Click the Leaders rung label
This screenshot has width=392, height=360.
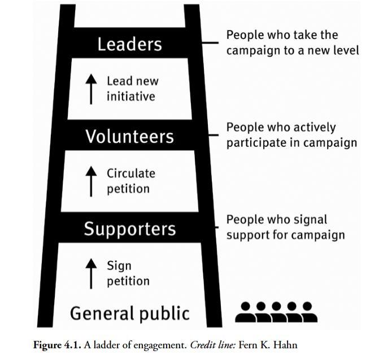click(129, 44)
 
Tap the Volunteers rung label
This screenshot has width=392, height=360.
click(129, 136)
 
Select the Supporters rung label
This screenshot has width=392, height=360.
click(130, 229)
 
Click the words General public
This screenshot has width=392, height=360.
click(129, 313)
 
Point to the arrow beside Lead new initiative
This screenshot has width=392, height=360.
click(91, 89)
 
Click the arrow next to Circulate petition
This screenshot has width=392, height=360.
click(91, 181)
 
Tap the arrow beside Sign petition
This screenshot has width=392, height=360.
click(91, 273)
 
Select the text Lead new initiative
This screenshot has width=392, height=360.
click(132, 89)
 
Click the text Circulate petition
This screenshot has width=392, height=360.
click(130, 181)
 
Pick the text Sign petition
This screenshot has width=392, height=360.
click(128, 273)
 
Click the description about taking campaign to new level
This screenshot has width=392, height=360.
click(292, 42)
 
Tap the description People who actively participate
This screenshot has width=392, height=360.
click(291, 135)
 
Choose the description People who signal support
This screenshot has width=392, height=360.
click(285, 227)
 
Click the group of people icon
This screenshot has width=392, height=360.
click(276, 312)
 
